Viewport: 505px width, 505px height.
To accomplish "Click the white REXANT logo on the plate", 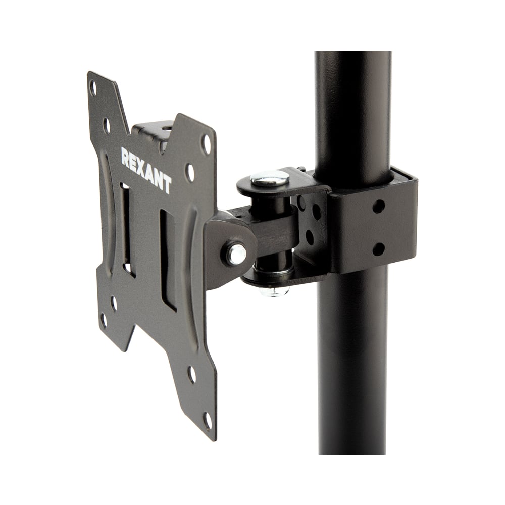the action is click(146, 170).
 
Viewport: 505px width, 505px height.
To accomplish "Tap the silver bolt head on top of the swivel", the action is click(270, 178).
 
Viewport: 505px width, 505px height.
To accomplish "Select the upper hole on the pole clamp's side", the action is click(378, 207).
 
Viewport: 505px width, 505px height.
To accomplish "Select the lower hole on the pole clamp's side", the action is click(378, 249).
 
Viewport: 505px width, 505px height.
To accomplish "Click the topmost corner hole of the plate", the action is click(93, 87).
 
